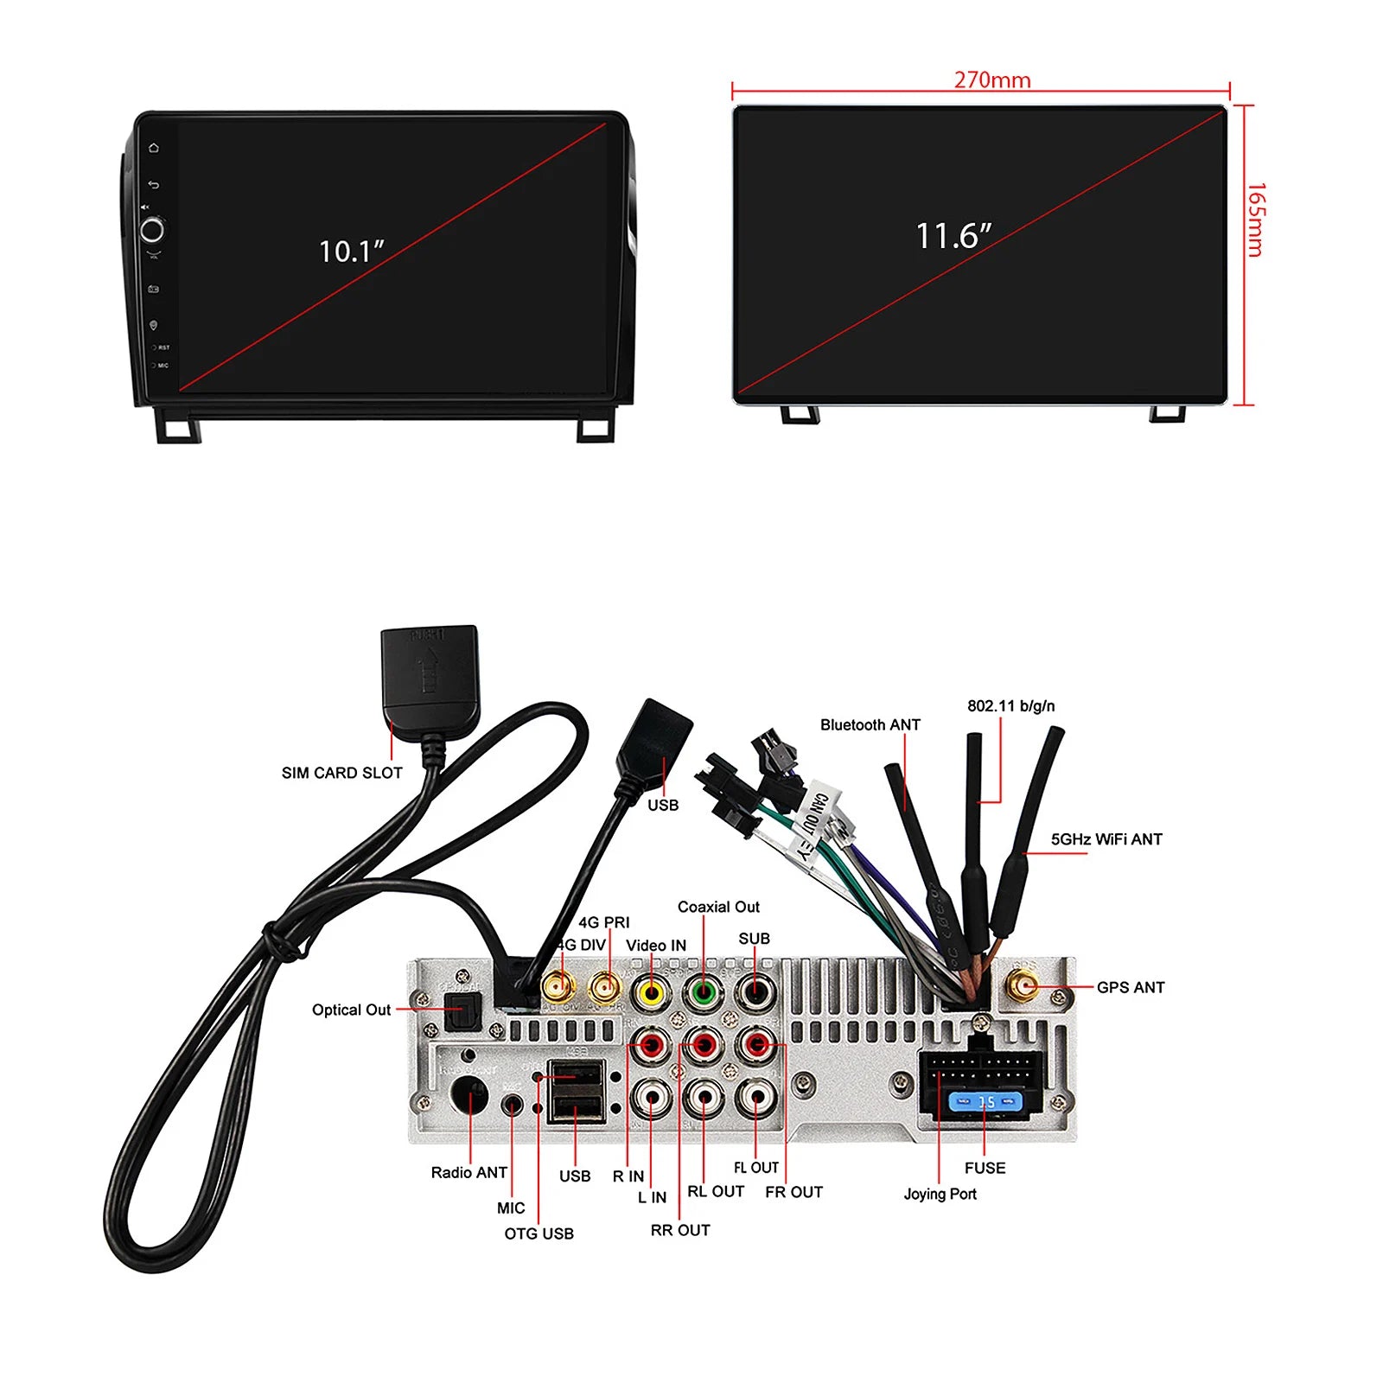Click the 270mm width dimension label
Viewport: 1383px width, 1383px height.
(x=992, y=80)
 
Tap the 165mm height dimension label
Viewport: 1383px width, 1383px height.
(x=1256, y=220)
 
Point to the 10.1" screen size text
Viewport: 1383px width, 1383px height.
(x=351, y=252)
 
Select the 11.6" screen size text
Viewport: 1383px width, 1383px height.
(x=953, y=236)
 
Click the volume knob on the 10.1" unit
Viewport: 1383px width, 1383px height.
(x=152, y=230)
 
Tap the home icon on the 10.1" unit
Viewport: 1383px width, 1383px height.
(x=154, y=148)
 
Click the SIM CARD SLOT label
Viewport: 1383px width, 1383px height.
(x=341, y=773)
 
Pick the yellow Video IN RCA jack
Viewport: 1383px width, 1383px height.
(x=651, y=992)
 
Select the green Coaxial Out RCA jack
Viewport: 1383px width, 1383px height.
(x=704, y=992)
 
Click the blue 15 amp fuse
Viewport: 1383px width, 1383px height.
(x=985, y=1102)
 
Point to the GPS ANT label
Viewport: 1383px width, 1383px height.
(x=1130, y=987)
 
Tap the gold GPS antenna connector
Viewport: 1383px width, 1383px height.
(x=1024, y=985)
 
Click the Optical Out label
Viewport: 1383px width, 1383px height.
(x=351, y=1010)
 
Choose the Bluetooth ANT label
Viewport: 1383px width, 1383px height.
(x=870, y=724)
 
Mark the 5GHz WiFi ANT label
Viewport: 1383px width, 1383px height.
(x=1106, y=839)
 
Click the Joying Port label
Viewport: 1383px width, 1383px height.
(x=940, y=1194)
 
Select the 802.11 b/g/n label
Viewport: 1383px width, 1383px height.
(x=1010, y=705)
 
